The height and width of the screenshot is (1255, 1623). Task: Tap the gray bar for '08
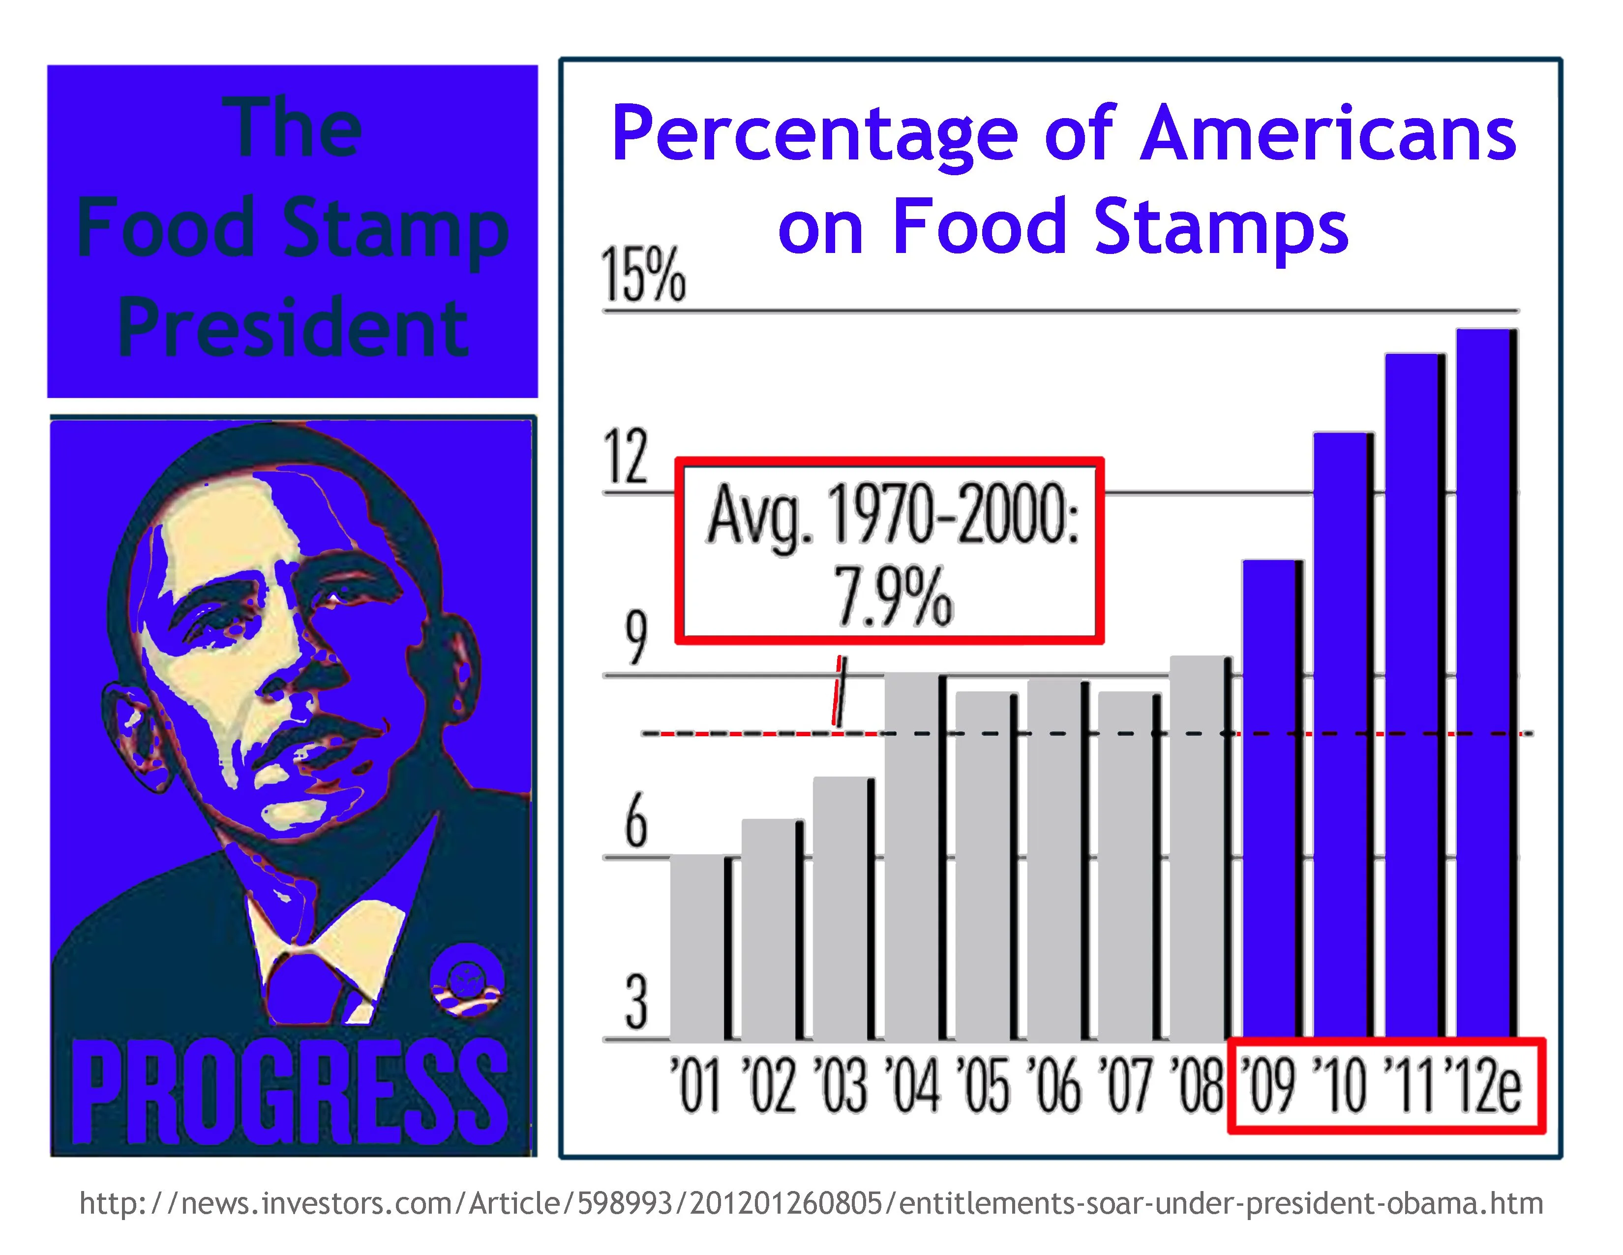click(x=1199, y=847)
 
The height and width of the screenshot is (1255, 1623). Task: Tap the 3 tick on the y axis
click(x=636, y=1003)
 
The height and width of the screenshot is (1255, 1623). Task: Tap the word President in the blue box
click(x=293, y=327)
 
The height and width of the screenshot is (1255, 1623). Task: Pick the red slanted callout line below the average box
click(x=838, y=691)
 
